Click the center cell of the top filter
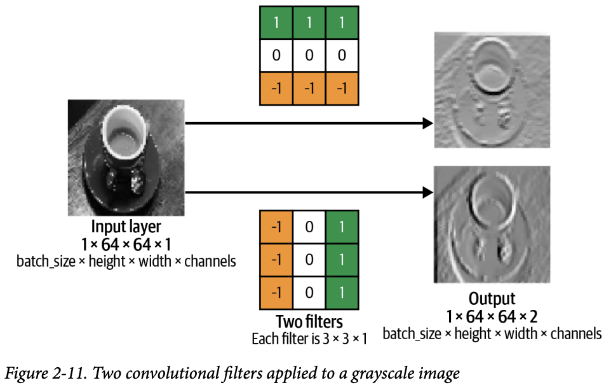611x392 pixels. point(309,55)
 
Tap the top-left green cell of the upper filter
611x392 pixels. point(276,22)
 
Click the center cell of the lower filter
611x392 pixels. point(309,260)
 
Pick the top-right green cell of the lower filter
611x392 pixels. point(342,227)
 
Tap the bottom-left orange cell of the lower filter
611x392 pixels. point(276,293)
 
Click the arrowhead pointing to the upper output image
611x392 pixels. point(426,124)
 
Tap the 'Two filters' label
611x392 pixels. point(309,321)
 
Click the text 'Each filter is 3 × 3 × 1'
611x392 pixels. point(309,339)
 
